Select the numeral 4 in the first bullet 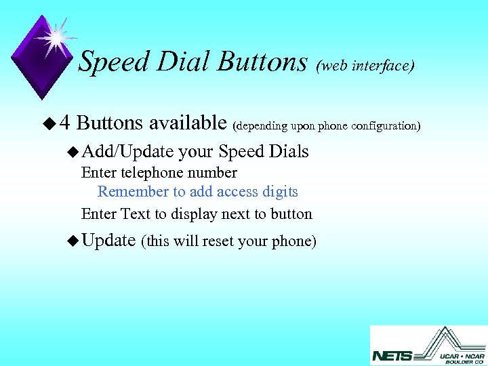click(x=65, y=123)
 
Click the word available click(x=188, y=123)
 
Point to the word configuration click(x=388, y=126)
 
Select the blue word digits click(x=279, y=192)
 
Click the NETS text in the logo click(x=392, y=354)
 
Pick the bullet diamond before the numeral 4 click(x=47, y=123)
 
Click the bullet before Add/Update click(x=73, y=152)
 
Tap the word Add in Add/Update click(x=95, y=151)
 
